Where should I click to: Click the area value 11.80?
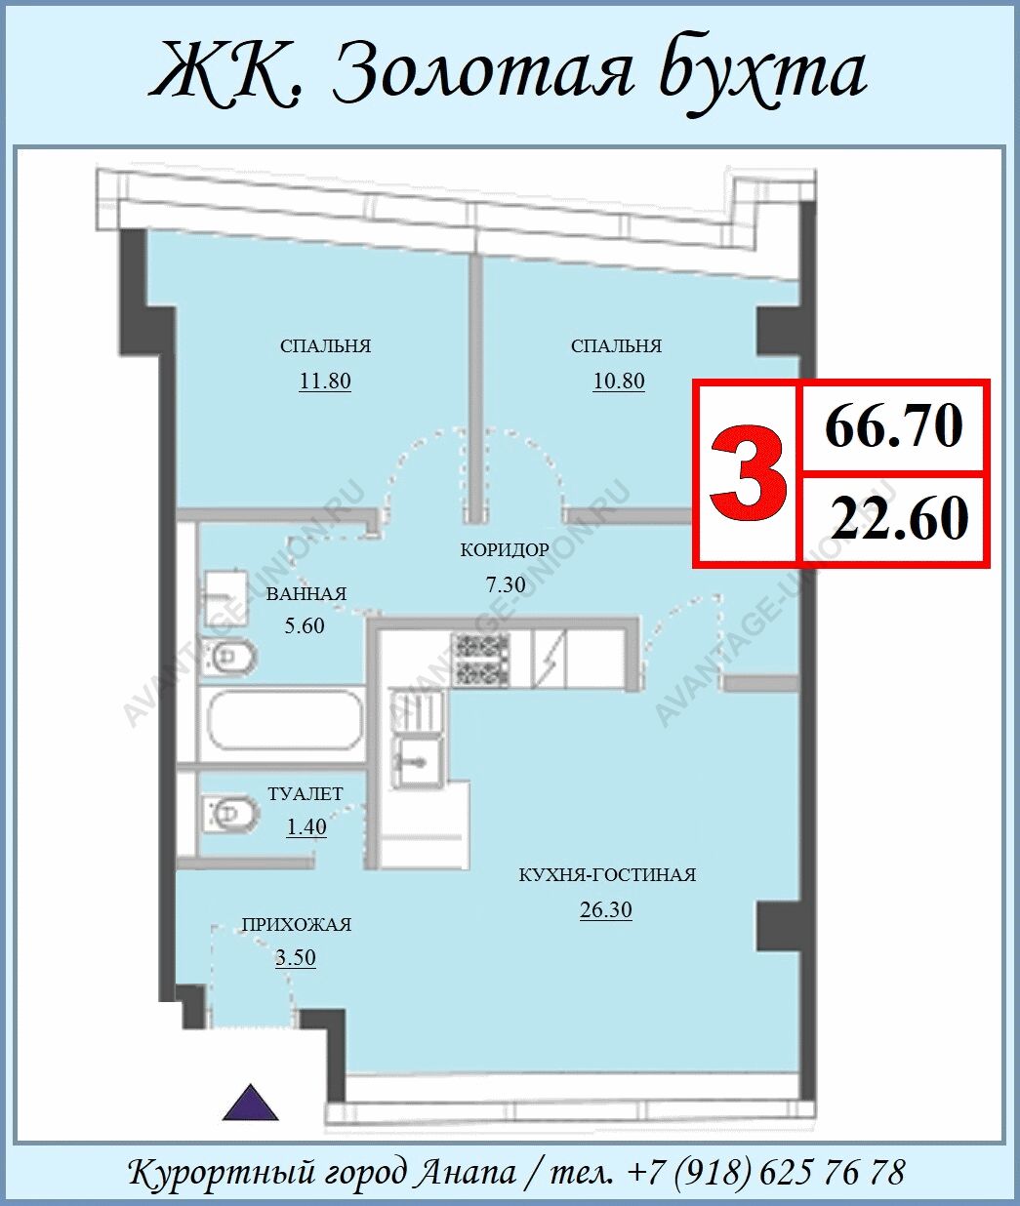click(x=325, y=382)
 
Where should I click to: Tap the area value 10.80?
click(x=619, y=382)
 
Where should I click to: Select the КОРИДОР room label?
click(x=505, y=550)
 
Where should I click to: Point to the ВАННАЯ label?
click(x=306, y=594)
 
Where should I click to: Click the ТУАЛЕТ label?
click(x=306, y=794)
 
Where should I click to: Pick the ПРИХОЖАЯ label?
click(x=297, y=925)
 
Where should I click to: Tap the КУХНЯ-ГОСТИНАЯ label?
click(x=607, y=875)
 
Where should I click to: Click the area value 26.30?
click(x=606, y=910)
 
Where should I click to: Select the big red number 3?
click(x=748, y=473)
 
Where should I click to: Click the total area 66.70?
click(x=894, y=427)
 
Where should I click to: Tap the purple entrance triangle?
click(x=251, y=1103)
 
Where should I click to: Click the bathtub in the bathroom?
click(x=285, y=720)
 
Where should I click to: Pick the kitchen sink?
click(x=419, y=761)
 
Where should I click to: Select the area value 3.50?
click(x=295, y=958)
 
